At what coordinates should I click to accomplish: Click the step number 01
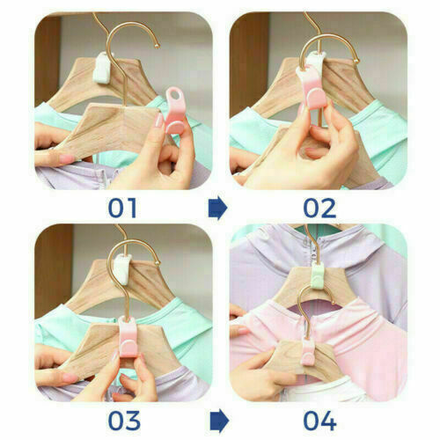pos(122,208)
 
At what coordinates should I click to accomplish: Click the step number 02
pos(319,208)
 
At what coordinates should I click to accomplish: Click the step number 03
pos(124,421)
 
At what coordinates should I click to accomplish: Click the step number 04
pos(319,421)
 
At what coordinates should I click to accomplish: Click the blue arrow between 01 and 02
pos(217,209)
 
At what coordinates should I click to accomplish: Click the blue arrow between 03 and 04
pos(219,421)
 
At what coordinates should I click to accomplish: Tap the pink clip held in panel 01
pos(175,110)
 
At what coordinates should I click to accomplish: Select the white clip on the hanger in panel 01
pos(101,68)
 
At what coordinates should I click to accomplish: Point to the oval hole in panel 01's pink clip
pos(175,95)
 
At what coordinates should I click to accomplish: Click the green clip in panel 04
pos(318,275)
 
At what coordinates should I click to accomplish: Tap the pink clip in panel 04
pos(309,350)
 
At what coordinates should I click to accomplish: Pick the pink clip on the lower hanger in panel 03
pos(128,336)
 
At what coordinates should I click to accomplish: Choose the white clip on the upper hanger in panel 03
pos(121,269)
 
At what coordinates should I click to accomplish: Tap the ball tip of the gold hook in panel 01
pos(158,46)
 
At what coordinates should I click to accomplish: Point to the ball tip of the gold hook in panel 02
pos(356,61)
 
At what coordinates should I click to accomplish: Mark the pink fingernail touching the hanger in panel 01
pos(158,121)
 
